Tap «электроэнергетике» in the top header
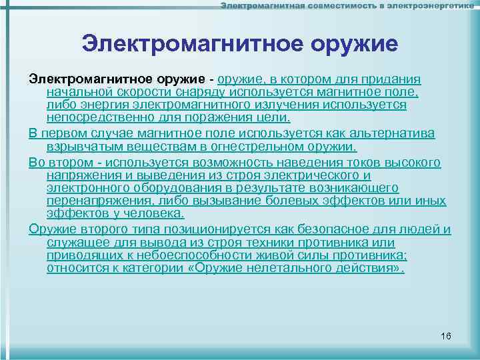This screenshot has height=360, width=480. [x=434, y=6]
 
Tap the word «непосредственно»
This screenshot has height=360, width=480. [x=90, y=118]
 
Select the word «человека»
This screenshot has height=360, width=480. [x=151, y=213]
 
